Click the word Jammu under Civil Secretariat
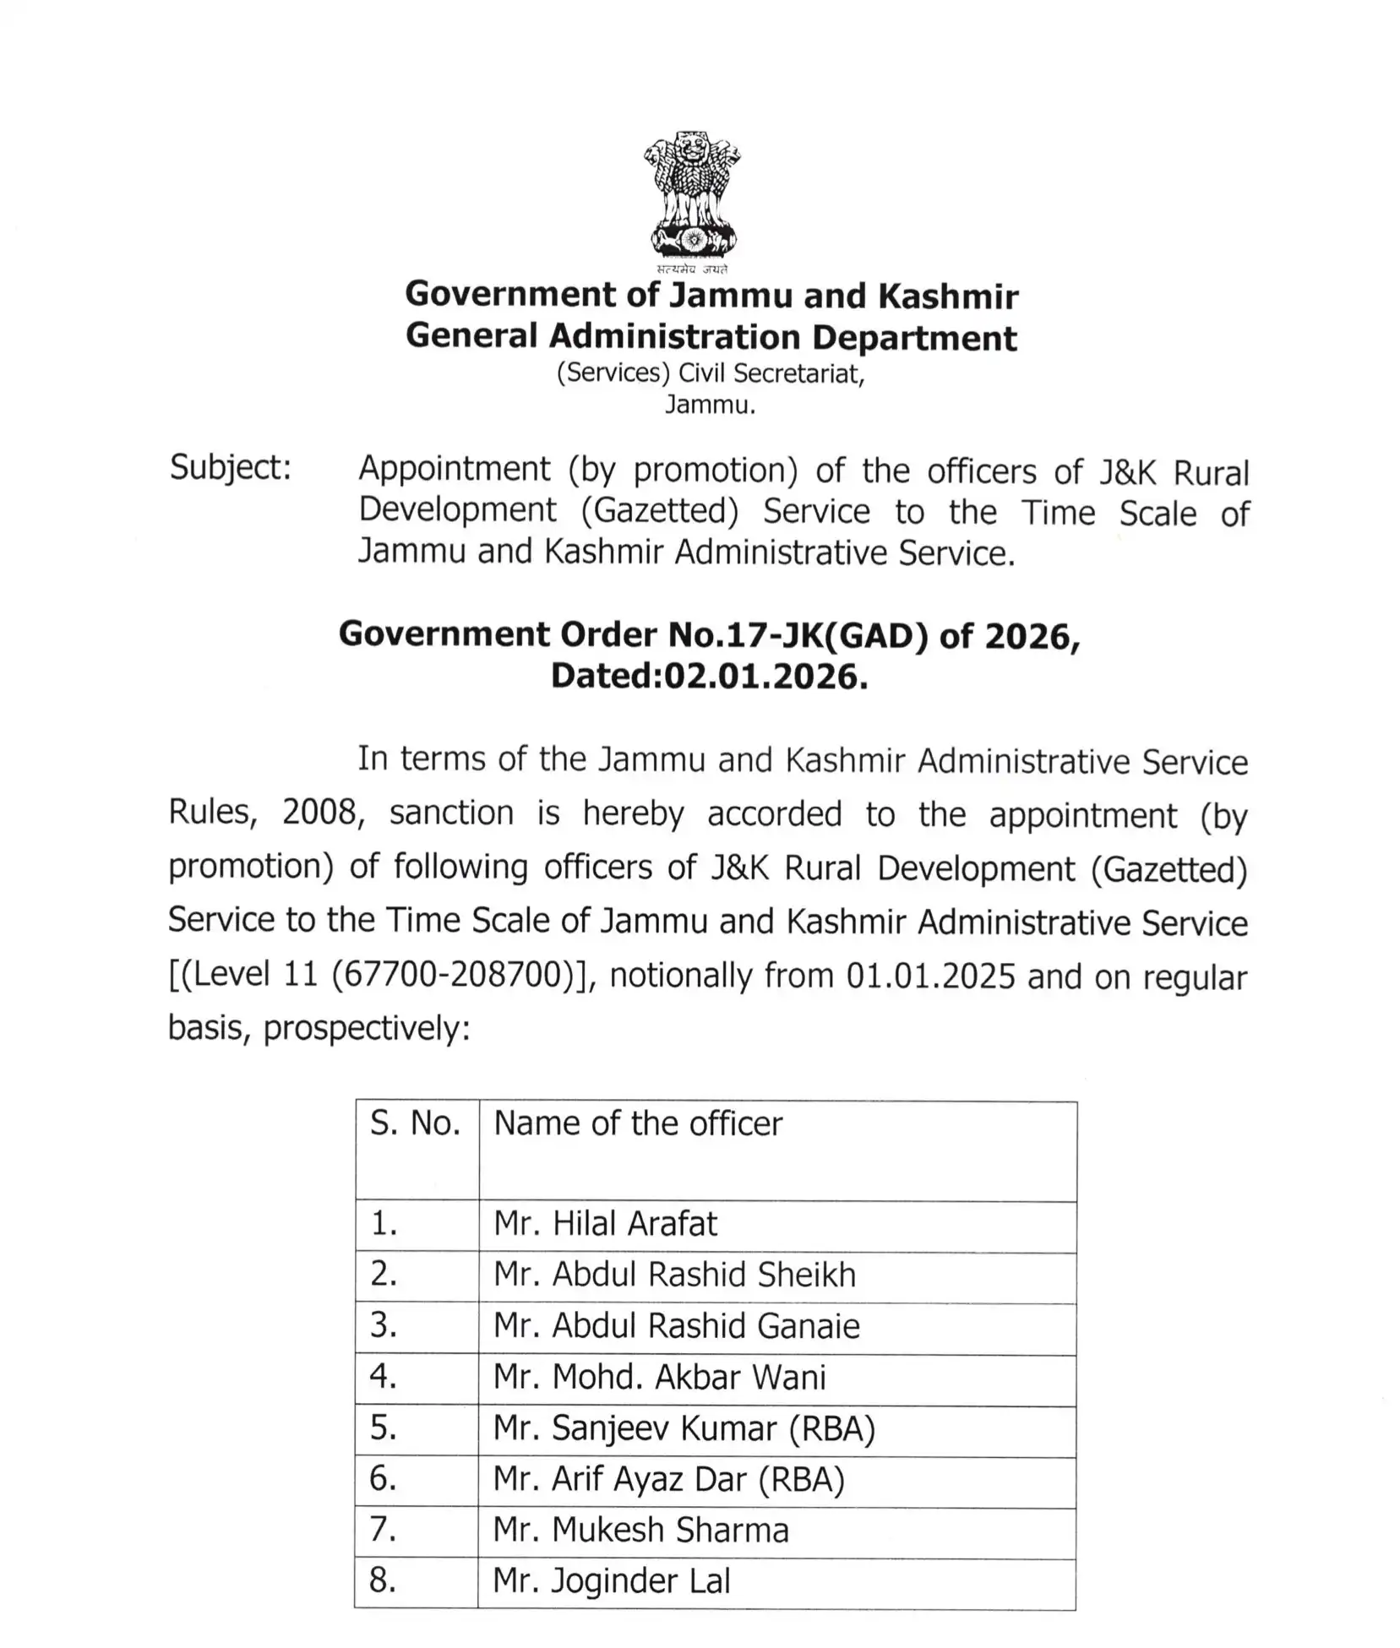(709, 405)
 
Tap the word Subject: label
(230, 467)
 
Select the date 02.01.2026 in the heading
(765, 676)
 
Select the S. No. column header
(415, 1123)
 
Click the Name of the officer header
(638, 1123)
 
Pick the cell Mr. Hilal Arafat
(605, 1223)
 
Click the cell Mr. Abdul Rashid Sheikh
(674, 1274)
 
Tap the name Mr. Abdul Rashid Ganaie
(676, 1325)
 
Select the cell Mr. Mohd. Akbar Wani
(659, 1377)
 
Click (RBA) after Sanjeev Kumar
(831, 1428)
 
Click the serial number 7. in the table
(383, 1529)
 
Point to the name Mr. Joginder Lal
(611, 1580)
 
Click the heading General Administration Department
(711, 336)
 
